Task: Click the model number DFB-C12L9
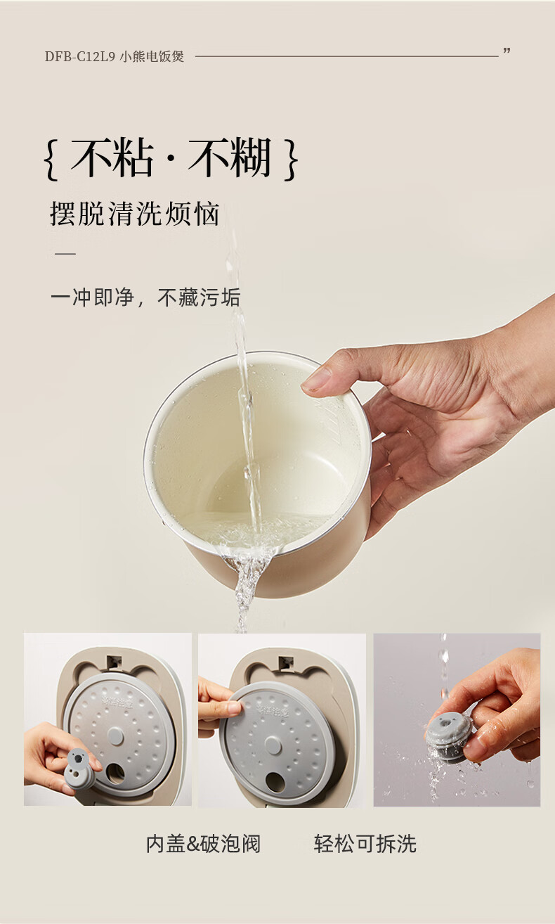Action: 79,56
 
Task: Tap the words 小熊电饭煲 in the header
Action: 152,56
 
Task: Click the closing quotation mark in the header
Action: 507,51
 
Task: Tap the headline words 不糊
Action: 230,158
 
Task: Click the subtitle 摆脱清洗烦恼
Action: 134,214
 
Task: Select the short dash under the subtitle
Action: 65,253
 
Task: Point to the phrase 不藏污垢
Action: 199,297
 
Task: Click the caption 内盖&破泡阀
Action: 203,844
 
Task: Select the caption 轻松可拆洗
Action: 365,844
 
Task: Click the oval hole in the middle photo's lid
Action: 275,782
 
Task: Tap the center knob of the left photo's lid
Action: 115,736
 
